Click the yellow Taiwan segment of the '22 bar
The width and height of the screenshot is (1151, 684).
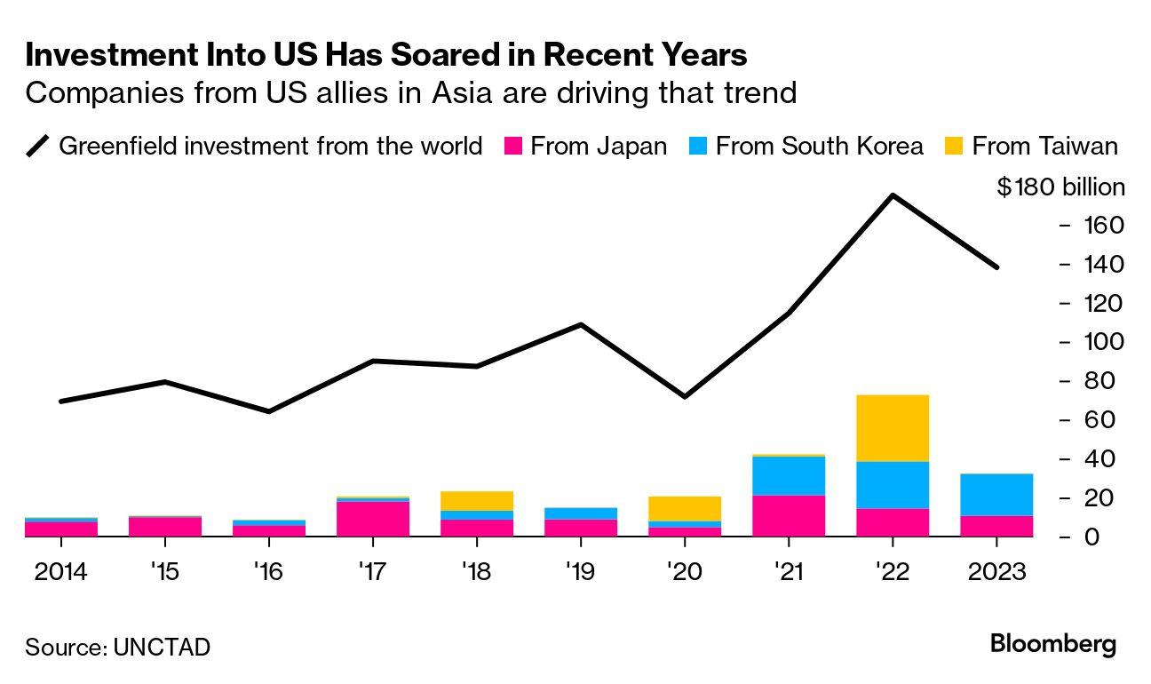coord(892,427)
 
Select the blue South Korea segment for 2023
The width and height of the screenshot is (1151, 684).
coord(996,494)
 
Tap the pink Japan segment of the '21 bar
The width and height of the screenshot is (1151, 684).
coord(788,515)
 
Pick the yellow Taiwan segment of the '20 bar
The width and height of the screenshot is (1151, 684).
coord(684,508)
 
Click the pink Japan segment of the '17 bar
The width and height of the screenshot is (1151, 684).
coord(373,519)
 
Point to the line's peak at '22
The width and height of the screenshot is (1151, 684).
coord(892,195)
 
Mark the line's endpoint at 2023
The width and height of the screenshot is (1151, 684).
coord(996,266)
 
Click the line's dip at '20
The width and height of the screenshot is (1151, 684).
coord(684,396)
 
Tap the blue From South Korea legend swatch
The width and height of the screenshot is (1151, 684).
coord(697,146)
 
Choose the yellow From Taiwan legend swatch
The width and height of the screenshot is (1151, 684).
coord(954,146)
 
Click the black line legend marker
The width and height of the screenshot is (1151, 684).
coord(38,146)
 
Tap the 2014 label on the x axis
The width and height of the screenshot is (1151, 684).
coord(60,571)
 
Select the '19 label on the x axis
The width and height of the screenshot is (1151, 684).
coord(580,571)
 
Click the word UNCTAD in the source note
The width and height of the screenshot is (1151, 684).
coord(162,647)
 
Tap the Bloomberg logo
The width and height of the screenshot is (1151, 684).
coord(1052,644)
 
